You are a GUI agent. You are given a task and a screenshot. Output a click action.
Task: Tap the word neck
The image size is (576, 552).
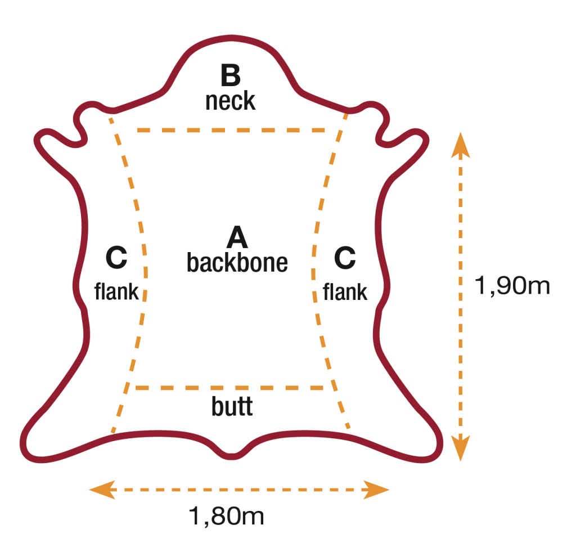click(x=230, y=101)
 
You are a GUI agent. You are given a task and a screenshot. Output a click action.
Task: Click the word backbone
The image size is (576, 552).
click(x=237, y=262)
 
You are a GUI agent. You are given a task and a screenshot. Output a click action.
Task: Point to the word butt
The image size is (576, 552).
click(x=232, y=406)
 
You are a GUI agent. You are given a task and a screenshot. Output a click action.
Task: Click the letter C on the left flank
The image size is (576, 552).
click(x=116, y=258)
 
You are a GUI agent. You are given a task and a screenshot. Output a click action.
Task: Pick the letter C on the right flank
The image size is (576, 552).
click(x=345, y=258)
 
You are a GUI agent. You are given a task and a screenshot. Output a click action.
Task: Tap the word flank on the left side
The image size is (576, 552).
click(x=116, y=291)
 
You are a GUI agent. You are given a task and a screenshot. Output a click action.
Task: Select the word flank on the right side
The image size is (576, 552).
click(x=345, y=292)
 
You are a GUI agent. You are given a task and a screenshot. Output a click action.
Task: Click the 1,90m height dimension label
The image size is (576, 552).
click(x=512, y=285)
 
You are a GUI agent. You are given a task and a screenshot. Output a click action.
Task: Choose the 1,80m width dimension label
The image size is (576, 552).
click(x=226, y=516)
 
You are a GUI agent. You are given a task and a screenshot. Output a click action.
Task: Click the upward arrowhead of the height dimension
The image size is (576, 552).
click(x=460, y=145)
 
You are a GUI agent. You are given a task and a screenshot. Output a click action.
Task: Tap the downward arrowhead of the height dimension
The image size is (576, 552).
click(x=460, y=448)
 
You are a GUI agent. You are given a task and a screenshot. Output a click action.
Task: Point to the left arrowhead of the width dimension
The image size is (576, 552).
click(x=102, y=490)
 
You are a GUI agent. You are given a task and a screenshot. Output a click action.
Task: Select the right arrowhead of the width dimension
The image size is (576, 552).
click(x=376, y=490)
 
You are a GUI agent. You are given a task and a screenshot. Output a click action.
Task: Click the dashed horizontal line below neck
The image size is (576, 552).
click(x=231, y=130)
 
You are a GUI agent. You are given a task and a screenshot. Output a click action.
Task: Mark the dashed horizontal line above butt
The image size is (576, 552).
click(x=229, y=388)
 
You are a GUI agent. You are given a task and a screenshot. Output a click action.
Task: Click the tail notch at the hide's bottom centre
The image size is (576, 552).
click(x=231, y=456)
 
